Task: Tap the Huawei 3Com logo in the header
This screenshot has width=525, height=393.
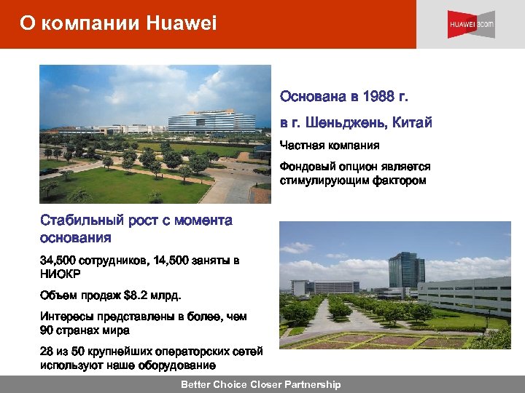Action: (470, 24)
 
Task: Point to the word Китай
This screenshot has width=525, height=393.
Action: (413, 122)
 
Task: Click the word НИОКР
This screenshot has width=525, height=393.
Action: (61, 274)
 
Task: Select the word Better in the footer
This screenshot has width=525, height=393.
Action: (196, 384)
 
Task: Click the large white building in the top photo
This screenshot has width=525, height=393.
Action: (211, 122)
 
